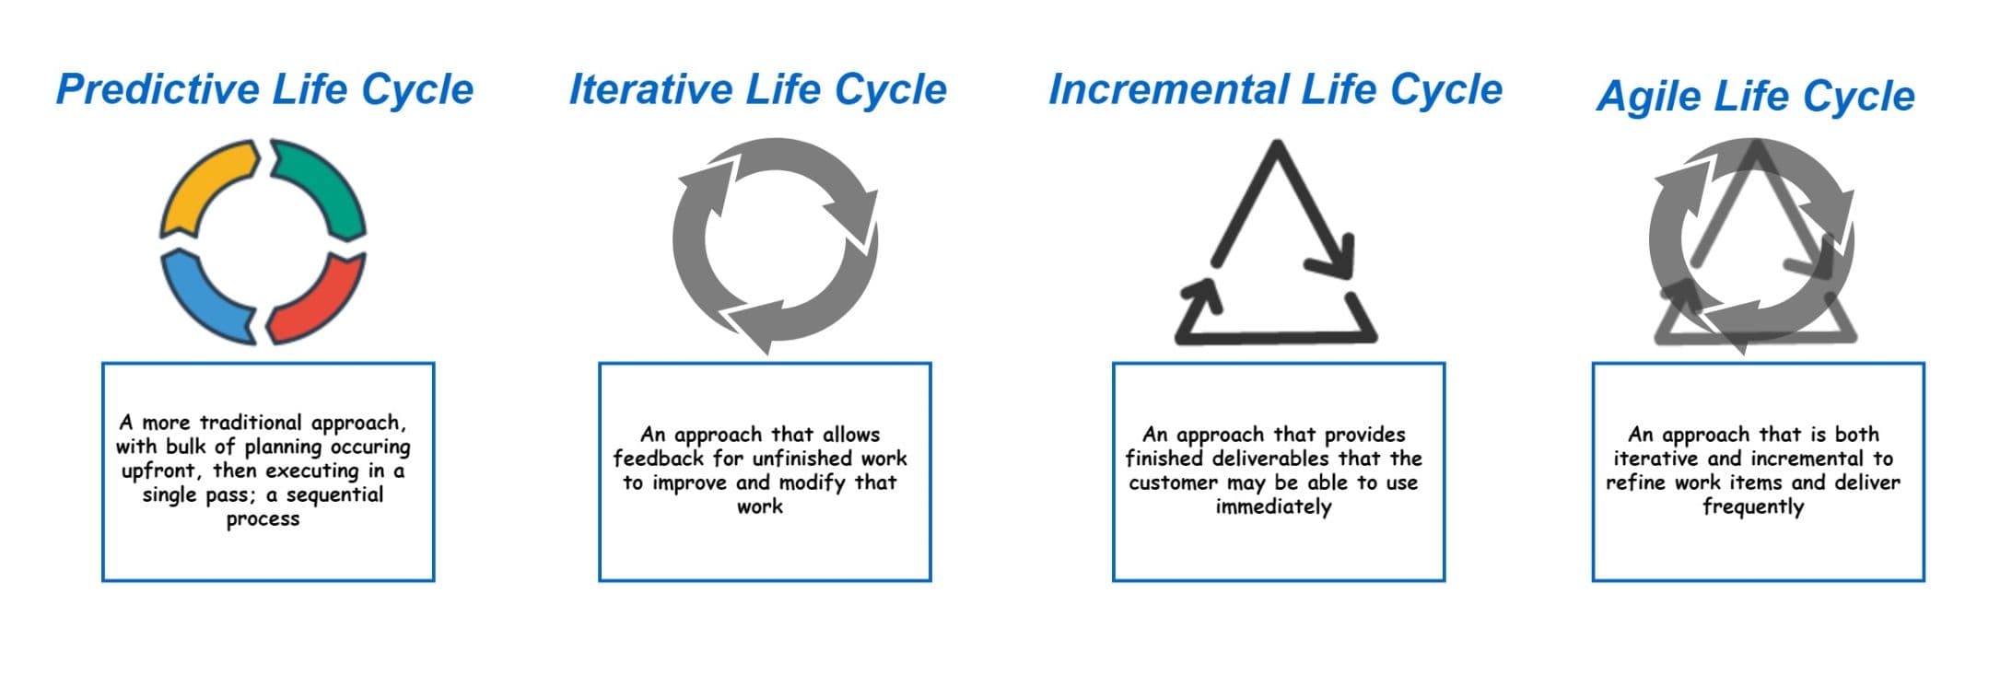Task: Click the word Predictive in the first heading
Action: pyautogui.click(x=158, y=90)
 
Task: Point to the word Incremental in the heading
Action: pyautogui.click(x=1168, y=90)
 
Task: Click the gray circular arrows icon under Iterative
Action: pyautogui.click(x=775, y=241)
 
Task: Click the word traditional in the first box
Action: pyautogui.click(x=251, y=423)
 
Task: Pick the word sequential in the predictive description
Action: pyautogui.click(x=334, y=494)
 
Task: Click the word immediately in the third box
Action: pyautogui.click(x=1273, y=507)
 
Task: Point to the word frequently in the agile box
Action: pyautogui.click(x=1752, y=507)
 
